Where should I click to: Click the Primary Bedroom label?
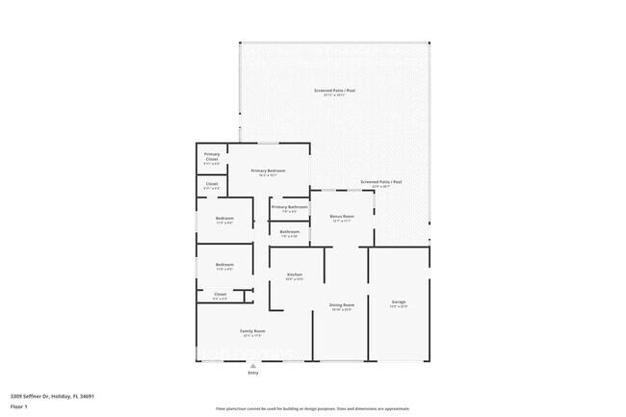pos(268,170)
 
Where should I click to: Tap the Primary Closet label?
pos(212,156)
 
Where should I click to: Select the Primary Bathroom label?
pos(289,207)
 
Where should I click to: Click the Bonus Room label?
pos(342,217)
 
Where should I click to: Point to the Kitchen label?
pos(295,275)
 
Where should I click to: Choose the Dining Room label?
pos(342,304)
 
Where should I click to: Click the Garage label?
pos(399,301)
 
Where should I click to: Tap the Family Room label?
pos(253,330)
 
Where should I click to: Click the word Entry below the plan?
pos(253,373)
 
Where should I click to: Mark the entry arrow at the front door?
pos(253,366)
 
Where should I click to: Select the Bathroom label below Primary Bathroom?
pos(289,231)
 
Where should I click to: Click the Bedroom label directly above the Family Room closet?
pos(224,265)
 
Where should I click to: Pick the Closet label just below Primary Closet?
pos(212,183)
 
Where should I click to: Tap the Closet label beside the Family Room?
pos(221,294)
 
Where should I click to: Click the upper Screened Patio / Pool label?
pos(334,91)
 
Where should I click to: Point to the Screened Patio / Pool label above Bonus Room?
pos(381,181)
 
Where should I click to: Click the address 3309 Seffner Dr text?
pos(52,395)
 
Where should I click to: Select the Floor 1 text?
pos(20,406)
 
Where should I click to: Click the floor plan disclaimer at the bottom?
pos(313,408)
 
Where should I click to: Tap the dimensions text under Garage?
pos(399,307)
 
